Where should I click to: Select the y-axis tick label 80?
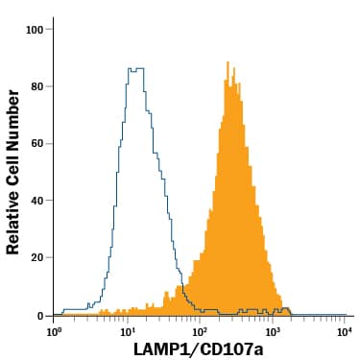36,86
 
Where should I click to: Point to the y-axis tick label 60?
36,144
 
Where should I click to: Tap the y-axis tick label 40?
36,201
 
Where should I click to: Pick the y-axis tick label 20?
36,258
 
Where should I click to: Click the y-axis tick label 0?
40,316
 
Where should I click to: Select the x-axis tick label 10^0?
55,331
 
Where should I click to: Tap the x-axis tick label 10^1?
128,331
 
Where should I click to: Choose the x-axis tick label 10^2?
200,331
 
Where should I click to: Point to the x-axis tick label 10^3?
272,331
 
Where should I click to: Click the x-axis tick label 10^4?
345,331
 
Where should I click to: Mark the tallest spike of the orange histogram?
228,63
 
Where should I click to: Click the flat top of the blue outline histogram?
135,69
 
